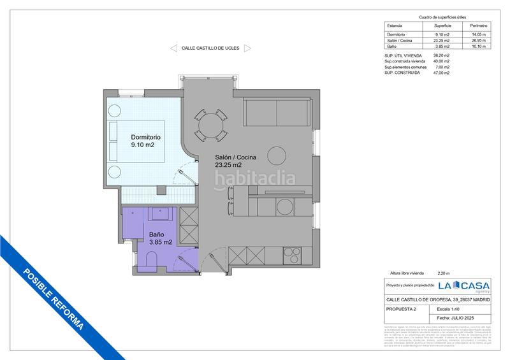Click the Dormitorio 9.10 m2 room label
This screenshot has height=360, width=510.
(x=145, y=141)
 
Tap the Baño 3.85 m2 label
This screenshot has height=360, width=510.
(x=160, y=238)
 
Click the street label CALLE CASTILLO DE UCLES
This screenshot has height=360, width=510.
(x=210, y=48)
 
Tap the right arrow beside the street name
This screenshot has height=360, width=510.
(x=247, y=48)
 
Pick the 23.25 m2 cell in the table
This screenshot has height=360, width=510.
(x=442, y=41)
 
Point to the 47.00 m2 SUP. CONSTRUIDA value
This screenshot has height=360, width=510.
(x=442, y=73)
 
